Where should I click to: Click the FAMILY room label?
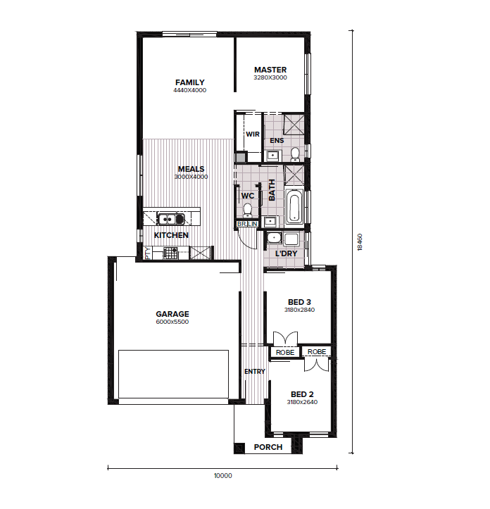click(190, 82)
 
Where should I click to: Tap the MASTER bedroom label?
click(270, 70)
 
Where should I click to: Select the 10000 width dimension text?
click(223, 476)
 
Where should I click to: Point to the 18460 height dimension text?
click(360, 242)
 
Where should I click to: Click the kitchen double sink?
click(171, 219)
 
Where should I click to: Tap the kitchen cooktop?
click(170, 253)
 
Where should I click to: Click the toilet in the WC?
click(248, 210)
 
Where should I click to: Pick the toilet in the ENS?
click(295, 154)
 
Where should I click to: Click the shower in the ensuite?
click(294, 124)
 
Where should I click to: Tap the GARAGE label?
click(172, 314)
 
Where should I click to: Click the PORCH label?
click(268, 447)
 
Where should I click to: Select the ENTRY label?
click(255, 371)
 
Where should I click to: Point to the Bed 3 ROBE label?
click(285, 353)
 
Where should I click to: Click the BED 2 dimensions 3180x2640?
click(302, 402)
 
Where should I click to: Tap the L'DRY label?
click(287, 253)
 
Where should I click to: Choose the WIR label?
click(253, 134)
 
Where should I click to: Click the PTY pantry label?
click(148, 253)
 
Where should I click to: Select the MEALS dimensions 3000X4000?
click(191, 177)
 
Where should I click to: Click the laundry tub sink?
click(274, 238)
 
